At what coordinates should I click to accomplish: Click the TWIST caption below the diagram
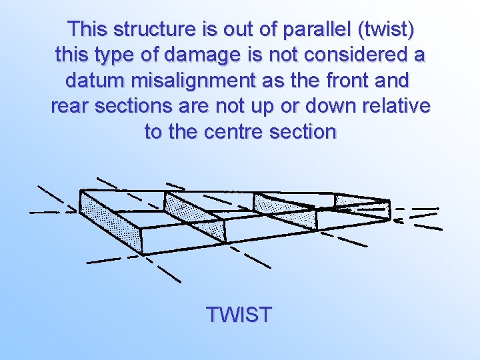(x=239, y=314)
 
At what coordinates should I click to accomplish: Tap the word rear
(x=70, y=106)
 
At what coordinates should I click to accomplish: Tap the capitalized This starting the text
(x=88, y=30)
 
